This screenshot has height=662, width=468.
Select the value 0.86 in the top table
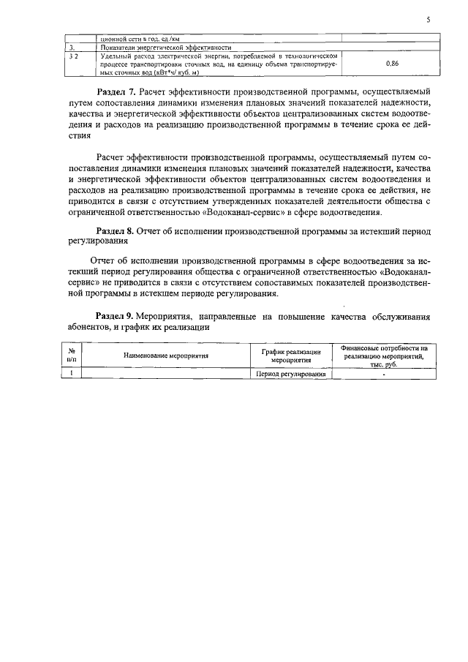click(391, 64)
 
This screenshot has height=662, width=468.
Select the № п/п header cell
click(71, 355)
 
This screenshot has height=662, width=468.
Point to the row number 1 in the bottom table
click(71, 373)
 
